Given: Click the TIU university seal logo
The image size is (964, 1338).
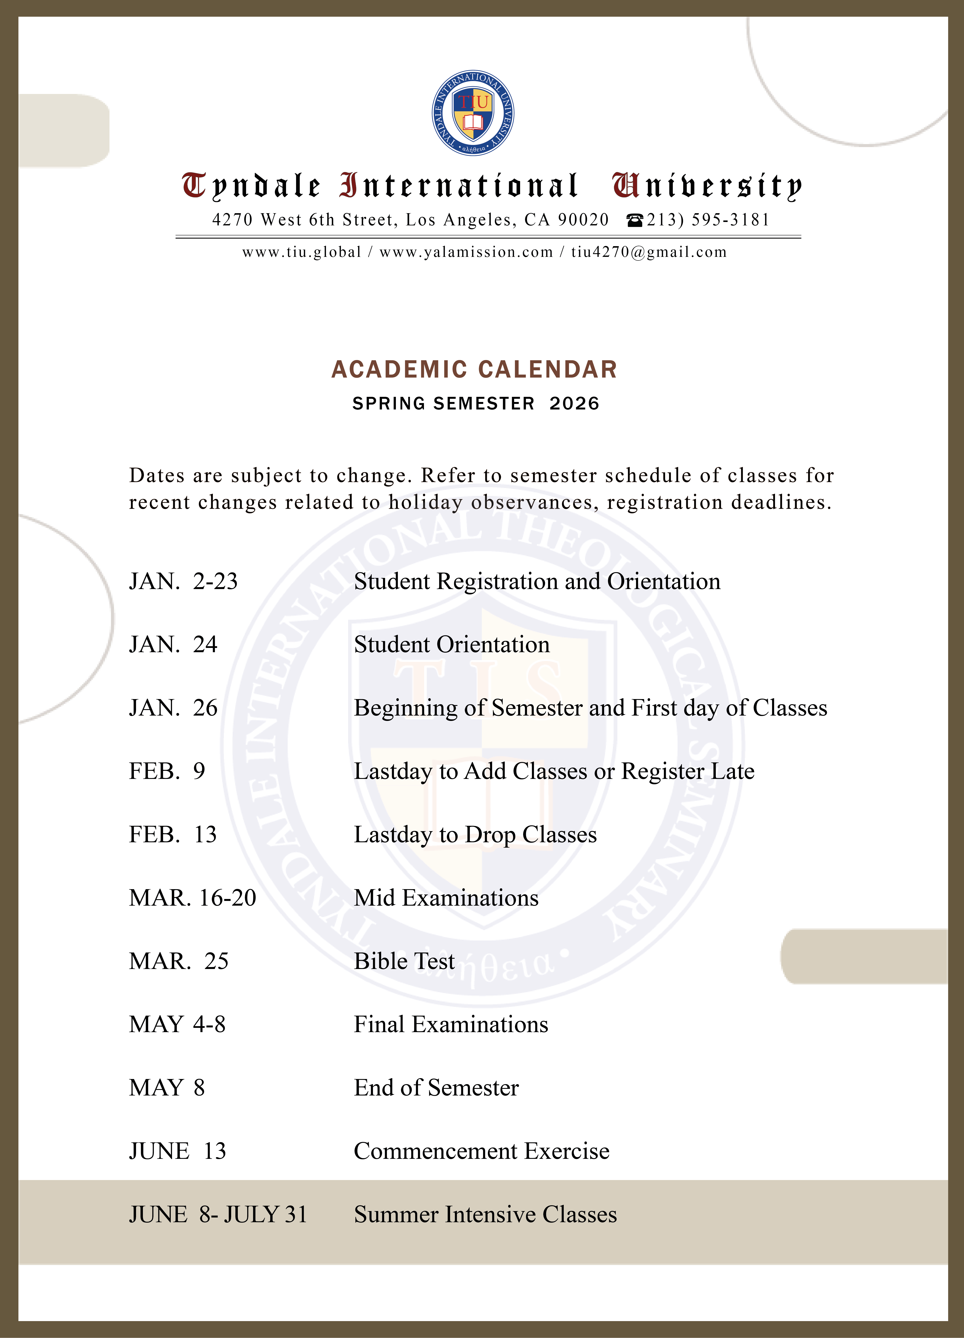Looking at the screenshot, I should click(x=473, y=113).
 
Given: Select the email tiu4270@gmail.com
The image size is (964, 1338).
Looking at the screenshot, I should click(x=649, y=253).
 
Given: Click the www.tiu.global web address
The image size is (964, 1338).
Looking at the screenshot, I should click(x=302, y=253).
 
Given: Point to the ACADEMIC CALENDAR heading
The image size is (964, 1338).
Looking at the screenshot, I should click(x=474, y=369).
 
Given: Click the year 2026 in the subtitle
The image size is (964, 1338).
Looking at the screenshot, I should click(x=574, y=403).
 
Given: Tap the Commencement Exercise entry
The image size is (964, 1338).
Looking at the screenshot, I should click(x=482, y=1151).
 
